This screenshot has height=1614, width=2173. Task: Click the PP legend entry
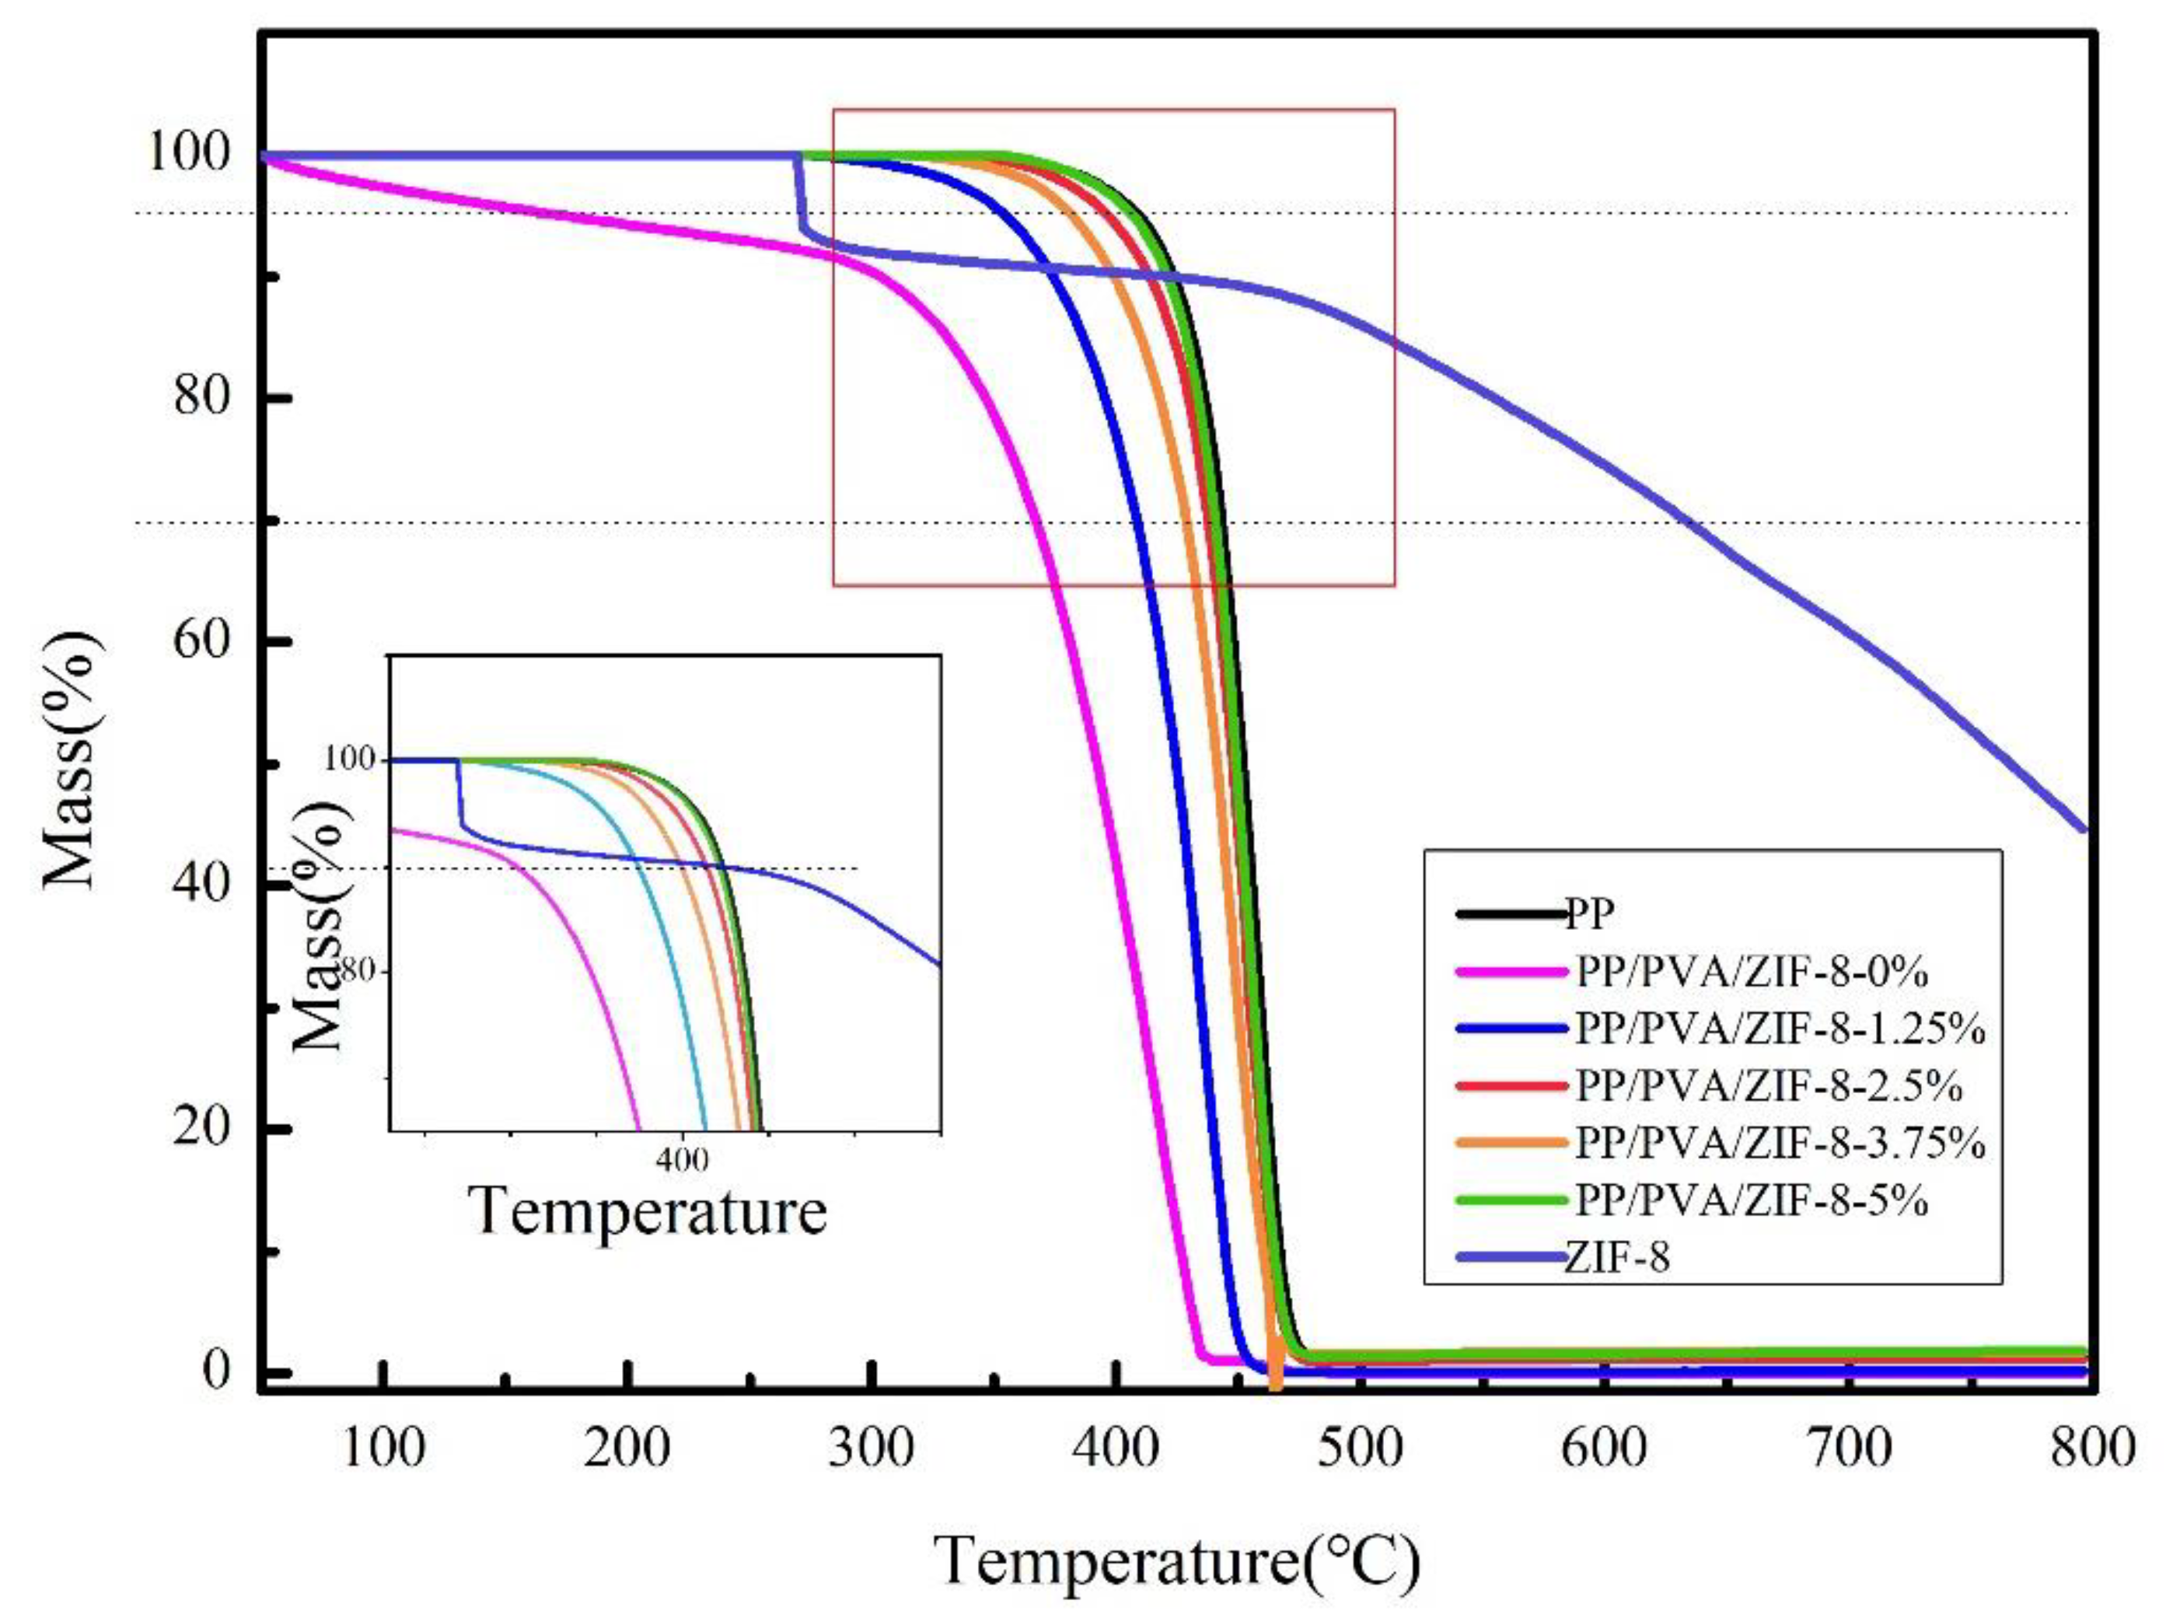point(1590,914)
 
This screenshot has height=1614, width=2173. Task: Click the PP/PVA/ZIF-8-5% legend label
point(1751,1200)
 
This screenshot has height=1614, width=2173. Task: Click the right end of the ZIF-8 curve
point(2085,830)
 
